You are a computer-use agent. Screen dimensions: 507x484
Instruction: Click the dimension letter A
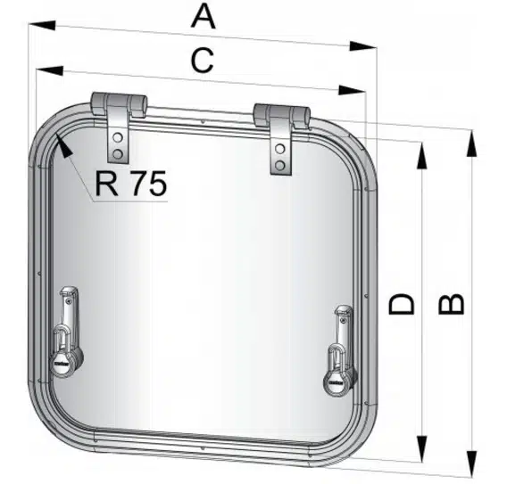coord(203,17)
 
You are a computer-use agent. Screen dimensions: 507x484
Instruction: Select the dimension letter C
coord(203,61)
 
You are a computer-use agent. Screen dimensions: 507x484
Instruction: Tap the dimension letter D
coord(402,304)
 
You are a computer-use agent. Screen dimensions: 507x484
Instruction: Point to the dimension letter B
coord(452,304)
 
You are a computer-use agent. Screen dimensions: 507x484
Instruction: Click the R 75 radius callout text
coord(131,184)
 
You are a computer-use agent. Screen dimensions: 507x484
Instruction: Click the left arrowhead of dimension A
coord(42,26)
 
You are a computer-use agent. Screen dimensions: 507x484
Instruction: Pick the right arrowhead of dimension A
coord(363,46)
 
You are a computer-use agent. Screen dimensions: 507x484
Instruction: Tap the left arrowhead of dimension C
coord(49,70)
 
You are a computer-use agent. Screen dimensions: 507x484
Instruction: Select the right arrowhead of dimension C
coord(352,90)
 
